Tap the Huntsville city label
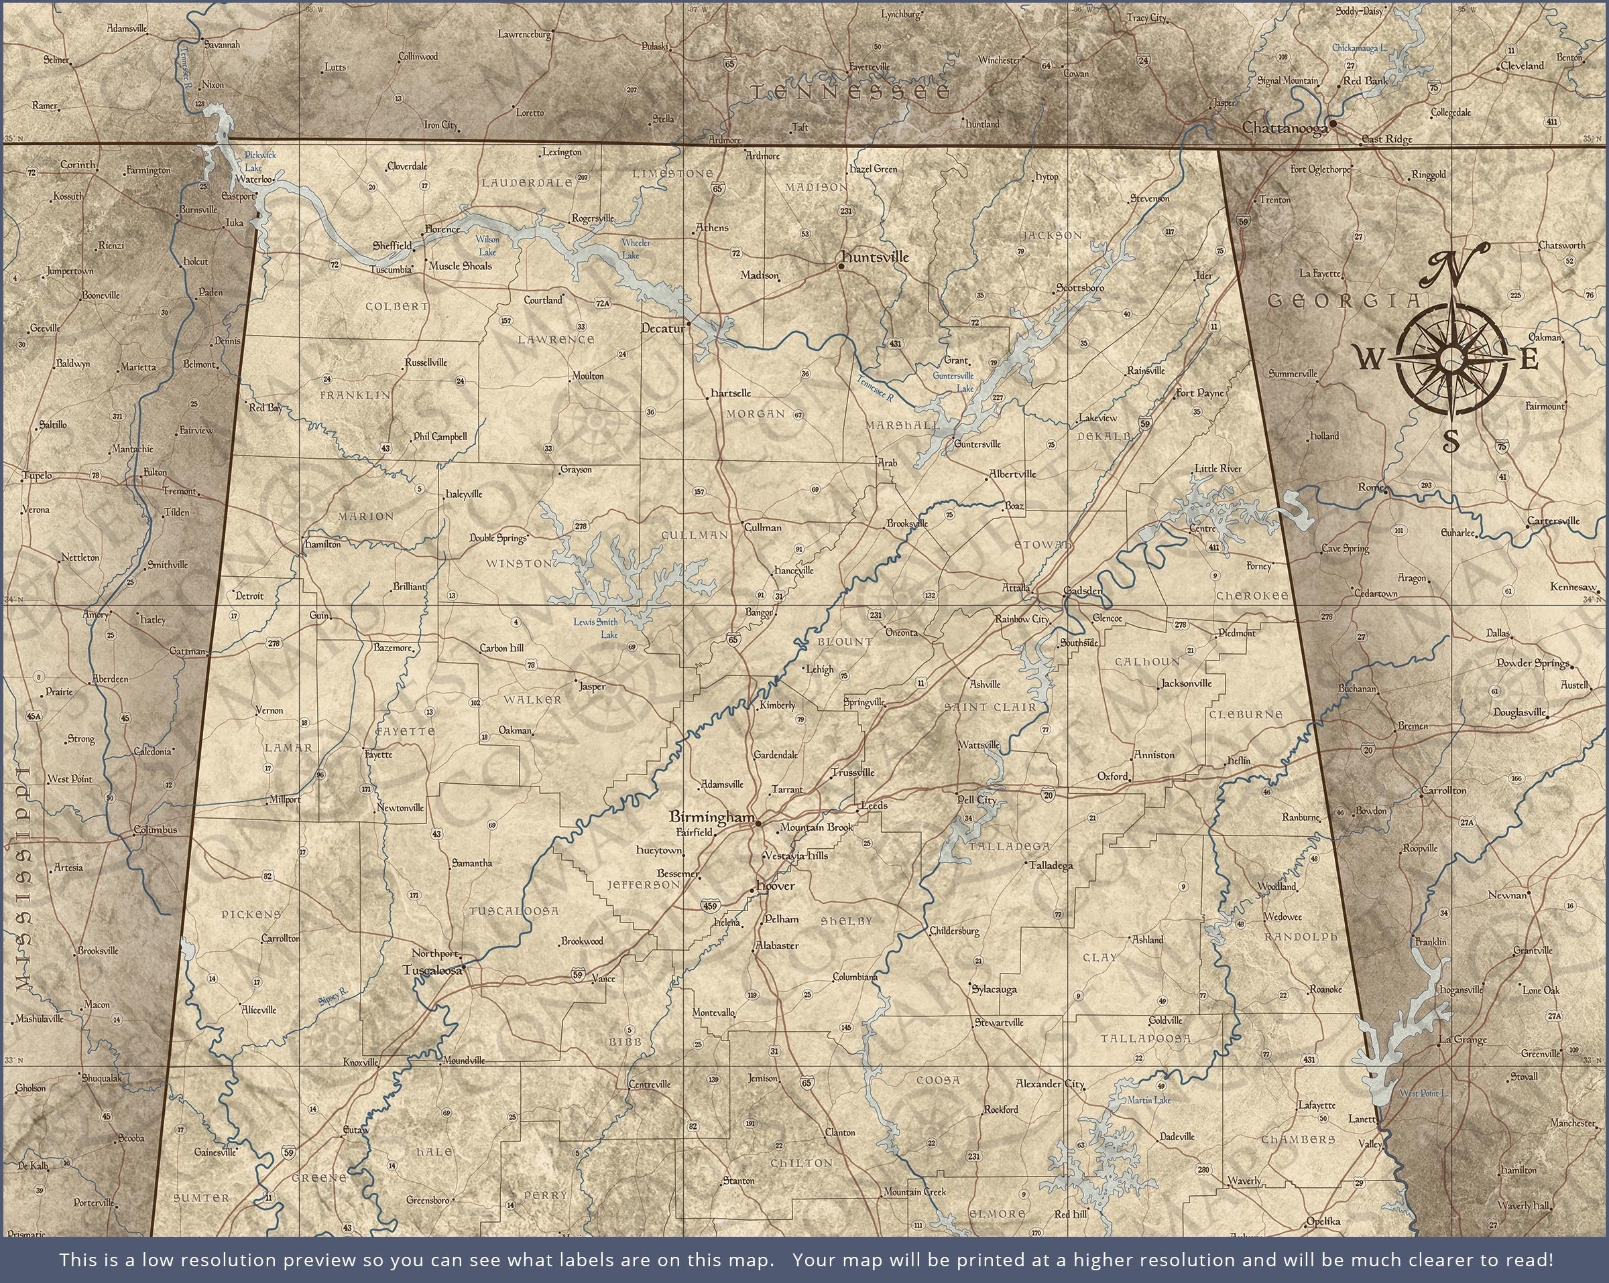click(x=875, y=257)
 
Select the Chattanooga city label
click(x=1285, y=129)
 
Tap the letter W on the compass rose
click(x=1367, y=361)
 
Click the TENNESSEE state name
click(x=850, y=92)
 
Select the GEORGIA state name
click(x=1344, y=301)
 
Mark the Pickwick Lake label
click(x=259, y=161)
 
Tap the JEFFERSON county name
click(x=644, y=886)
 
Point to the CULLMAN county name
click(x=694, y=535)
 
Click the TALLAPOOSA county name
click(x=1146, y=1038)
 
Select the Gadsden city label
click(x=1083, y=591)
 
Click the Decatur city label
click(x=662, y=328)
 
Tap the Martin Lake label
click(x=1149, y=1100)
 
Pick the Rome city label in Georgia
click(x=1370, y=487)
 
